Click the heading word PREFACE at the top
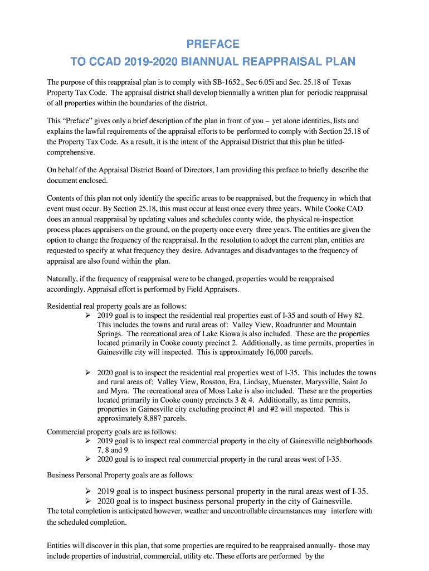(x=213, y=44)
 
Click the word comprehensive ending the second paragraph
(x=71, y=152)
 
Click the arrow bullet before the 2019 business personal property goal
(x=88, y=491)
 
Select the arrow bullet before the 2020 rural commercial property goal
(x=88, y=459)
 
